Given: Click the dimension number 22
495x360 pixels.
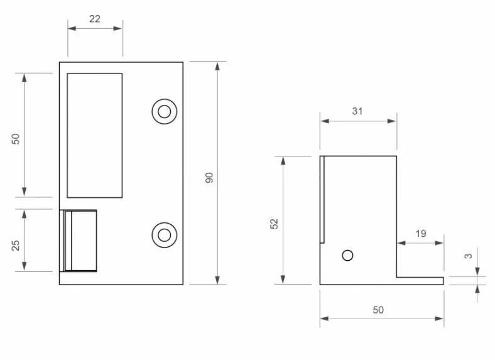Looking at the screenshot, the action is click(95, 19).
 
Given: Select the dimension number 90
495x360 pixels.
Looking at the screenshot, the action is click(209, 177).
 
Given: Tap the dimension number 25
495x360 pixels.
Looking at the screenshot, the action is click(16, 246).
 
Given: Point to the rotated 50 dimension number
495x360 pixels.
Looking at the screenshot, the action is click(16, 139).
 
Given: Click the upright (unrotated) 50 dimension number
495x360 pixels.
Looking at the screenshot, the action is click(378, 310).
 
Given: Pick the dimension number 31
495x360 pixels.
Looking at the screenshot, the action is click(357, 111).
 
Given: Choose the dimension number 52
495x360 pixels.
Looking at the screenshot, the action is click(275, 224).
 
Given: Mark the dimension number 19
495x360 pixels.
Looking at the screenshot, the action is click(421, 234).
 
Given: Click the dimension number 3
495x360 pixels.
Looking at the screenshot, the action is click(469, 256).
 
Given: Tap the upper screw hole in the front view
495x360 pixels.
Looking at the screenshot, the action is click(164, 111).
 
